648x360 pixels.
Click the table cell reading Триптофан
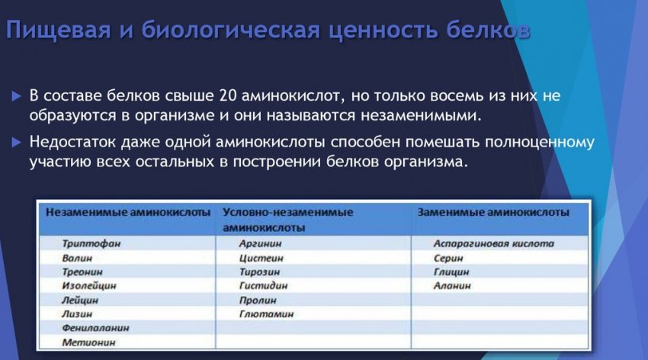click(x=91, y=243)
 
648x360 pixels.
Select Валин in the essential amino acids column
click(x=77, y=258)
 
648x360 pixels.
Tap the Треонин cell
click(x=82, y=272)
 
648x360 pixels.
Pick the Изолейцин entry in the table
click(x=89, y=285)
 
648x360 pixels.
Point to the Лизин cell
click(x=77, y=313)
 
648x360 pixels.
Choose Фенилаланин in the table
click(x=95, y=328)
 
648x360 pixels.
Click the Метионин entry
click(x=88, y=342)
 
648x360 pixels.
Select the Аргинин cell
click(x=261, y=243)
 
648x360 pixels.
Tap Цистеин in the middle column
click(x=261, y=258)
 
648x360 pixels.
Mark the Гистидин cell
click(x=263, y=285)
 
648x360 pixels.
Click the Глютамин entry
click(x=266, y=313)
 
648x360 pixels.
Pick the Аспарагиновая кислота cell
click(x=493, y=243)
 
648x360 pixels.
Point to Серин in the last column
click(x=448, y=258)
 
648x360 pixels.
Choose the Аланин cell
click(x=452, y=285)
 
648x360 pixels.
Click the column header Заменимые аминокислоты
click(x=493, y=213)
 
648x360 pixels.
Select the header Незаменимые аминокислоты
click(x=128, y=213)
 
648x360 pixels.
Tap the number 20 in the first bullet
click(x=228, y=96)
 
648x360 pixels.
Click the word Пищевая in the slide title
click(x=58, y=31)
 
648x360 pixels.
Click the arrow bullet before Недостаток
click(x=17, y=143)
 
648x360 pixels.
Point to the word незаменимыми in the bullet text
click(x=421, y=115)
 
